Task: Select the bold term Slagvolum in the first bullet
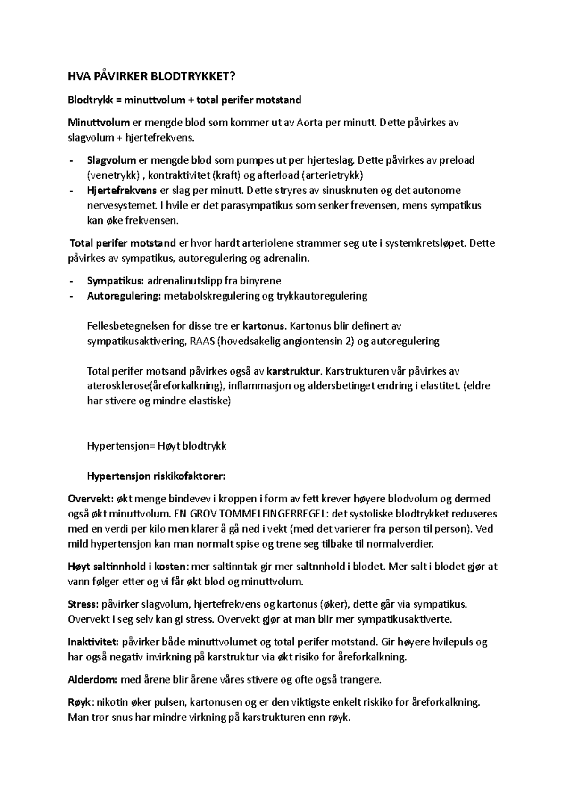click(111, 160)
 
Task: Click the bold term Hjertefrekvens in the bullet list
click(122, 191)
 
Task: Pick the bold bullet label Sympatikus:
click(115, 281)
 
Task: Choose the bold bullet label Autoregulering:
click(124, 296)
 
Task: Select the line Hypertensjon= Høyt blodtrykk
click(157, 446)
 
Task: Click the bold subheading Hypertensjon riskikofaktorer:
click(156, 476)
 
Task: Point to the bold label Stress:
click(83, 605)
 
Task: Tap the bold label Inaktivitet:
click(94, 642)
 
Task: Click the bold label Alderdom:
click(92, 680)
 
